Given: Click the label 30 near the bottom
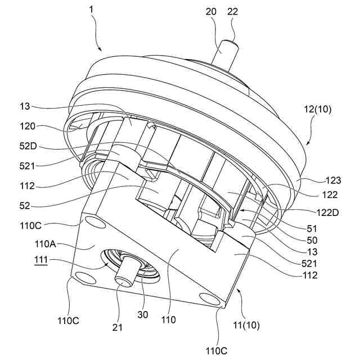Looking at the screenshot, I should coord(142,315).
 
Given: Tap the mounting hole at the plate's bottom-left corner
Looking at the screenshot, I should coord(84,278).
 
